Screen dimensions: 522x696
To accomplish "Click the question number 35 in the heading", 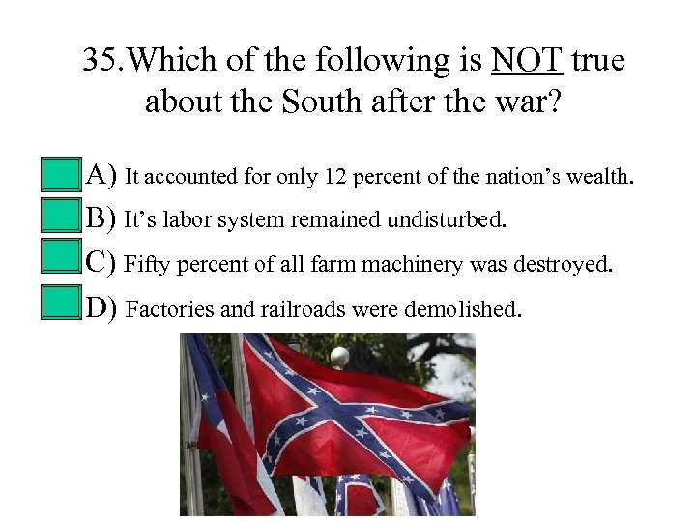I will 102,62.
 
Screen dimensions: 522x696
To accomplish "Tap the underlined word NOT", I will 527,62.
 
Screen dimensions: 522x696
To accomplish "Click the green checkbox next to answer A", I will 62,175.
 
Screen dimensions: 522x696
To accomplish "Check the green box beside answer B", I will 62,219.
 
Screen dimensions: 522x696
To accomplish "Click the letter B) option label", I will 101,219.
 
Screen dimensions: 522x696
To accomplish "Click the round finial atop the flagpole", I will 339,357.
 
